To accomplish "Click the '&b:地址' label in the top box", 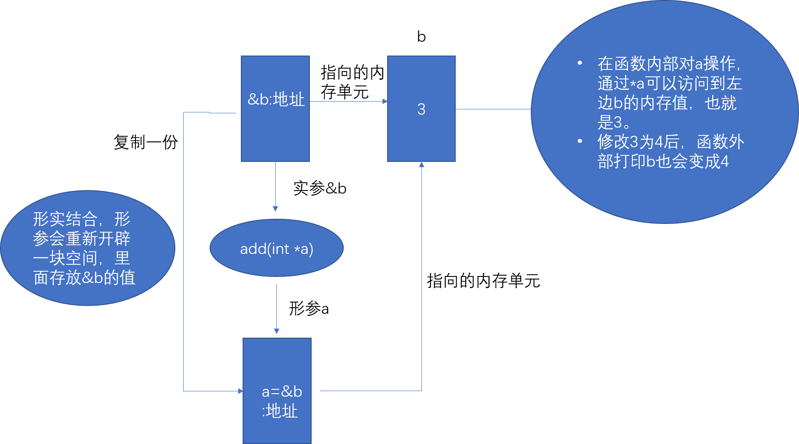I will (x=276, y=100).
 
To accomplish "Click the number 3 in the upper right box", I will (x=421, y=109).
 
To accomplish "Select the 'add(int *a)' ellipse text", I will (x=276, y=249).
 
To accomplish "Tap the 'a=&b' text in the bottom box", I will (x=282, y=391).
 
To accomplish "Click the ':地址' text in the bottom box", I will (x=280, y=411).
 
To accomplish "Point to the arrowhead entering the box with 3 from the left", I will (x=385, y=101).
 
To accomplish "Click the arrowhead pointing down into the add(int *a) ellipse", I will (x=275, y=209).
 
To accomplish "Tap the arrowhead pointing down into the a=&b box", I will (x=276, y=332).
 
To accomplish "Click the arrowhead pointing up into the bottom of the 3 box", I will (x=421, y=164).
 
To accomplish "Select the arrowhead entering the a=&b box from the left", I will (x=240, y=391).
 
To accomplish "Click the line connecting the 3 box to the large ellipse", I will (x=493, y=109).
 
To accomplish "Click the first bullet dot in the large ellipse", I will (x=580, y=63).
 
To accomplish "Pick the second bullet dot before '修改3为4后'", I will (x=580, y=141).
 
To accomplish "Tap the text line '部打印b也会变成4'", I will (x=663, y=161).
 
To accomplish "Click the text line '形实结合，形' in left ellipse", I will (x=82, y=219).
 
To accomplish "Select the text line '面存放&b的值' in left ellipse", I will (x=84, y=278).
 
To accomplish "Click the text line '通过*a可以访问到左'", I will (x=669, y=83).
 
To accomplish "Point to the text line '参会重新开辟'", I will (x=82, y=239).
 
